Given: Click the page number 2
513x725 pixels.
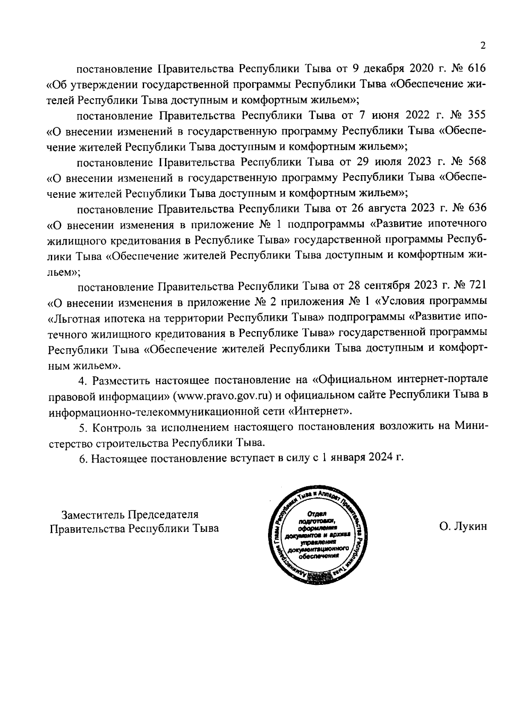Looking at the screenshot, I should point(483,46).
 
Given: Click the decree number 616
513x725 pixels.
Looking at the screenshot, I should point(477,69).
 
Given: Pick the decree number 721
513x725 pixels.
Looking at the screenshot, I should point(478,285).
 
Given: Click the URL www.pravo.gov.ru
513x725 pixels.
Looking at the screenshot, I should point(223,395).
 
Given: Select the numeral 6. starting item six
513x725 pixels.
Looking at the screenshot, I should point(84,458).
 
